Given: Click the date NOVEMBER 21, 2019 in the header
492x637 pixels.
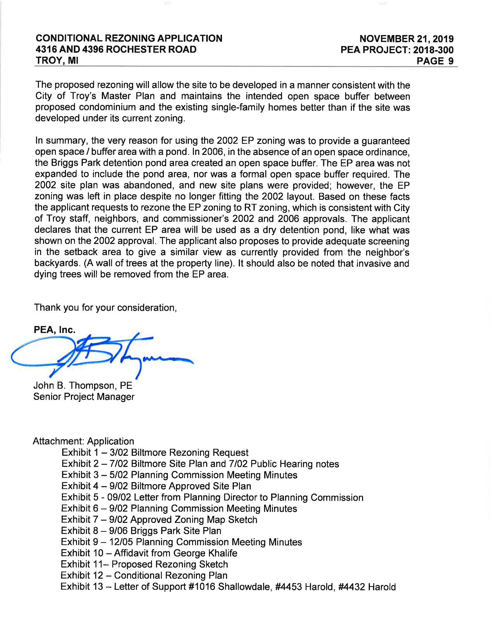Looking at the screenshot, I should pyautogui.click(x=406, y=39).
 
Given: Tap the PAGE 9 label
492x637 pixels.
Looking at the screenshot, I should pyautogui.click(x=435, y=61).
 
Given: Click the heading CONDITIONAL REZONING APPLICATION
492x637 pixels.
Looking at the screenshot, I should pyautogui.click(x=129, y=38).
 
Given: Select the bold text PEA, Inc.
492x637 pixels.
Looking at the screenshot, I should pyautogui.click(x=54, y=330).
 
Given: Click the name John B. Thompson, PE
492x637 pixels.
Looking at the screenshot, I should pyautogui.click(x=83, y=385).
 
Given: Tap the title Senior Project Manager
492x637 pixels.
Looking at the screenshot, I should pyautogui.click(x=84, y=397).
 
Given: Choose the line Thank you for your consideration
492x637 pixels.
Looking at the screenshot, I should pyautogui.click(x=106, y=307).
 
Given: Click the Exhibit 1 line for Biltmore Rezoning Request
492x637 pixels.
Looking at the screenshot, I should pyautogui.click(x=155, y=452).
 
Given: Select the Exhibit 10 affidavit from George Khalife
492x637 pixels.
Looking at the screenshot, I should pyautogui.click(x=149, y=553).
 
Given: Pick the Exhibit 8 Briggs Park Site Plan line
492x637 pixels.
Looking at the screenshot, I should pyautogui.click(x=141, y=530).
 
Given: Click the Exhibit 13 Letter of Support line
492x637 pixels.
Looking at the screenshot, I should pyautogui.click(x=228, y=587).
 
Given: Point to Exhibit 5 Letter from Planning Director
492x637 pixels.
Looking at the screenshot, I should pyautogui.click(x=212, y=497).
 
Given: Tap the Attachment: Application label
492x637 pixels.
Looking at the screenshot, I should pyautogui.click(x=83, y=441).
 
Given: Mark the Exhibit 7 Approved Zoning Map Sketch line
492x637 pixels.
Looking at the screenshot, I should pyautogui.click(x=159, y=519).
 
